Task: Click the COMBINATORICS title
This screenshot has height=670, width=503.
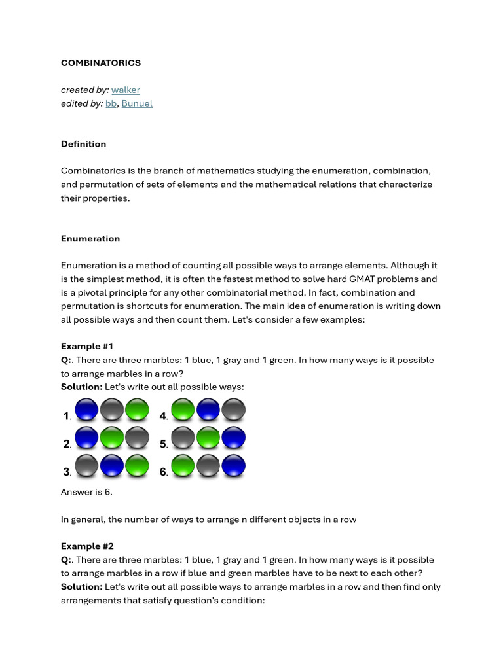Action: (x=100, y=63)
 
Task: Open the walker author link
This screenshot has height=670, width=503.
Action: (x=125, y=90)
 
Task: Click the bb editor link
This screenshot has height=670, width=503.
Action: (x=111, y=103)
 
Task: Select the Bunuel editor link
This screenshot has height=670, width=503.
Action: (x=137, y=103)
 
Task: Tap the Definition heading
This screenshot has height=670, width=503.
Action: (x=83, y=144)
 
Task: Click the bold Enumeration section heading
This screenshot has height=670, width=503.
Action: (x=90, y=239)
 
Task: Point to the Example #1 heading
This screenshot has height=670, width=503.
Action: (x=87, y=346)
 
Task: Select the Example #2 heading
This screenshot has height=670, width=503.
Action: (x=87, y=546)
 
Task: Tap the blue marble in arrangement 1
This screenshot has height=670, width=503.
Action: (x=86, y=410)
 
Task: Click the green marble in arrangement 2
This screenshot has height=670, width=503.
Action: (x=112, y=438)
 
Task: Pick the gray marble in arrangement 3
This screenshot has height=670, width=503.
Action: (x=86, y=467)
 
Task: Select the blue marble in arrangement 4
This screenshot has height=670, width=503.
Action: (x=208, y=410)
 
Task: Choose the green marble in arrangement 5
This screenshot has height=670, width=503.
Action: (x=208, y=438)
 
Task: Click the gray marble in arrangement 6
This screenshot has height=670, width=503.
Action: (x=208, y=467)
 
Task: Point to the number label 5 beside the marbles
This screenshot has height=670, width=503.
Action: (x=163, y=444)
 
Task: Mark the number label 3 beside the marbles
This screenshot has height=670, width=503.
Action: (x=67, y=472)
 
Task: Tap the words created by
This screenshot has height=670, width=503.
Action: (x=84, y=90)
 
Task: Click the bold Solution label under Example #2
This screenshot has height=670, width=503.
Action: (x=81, y=587)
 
